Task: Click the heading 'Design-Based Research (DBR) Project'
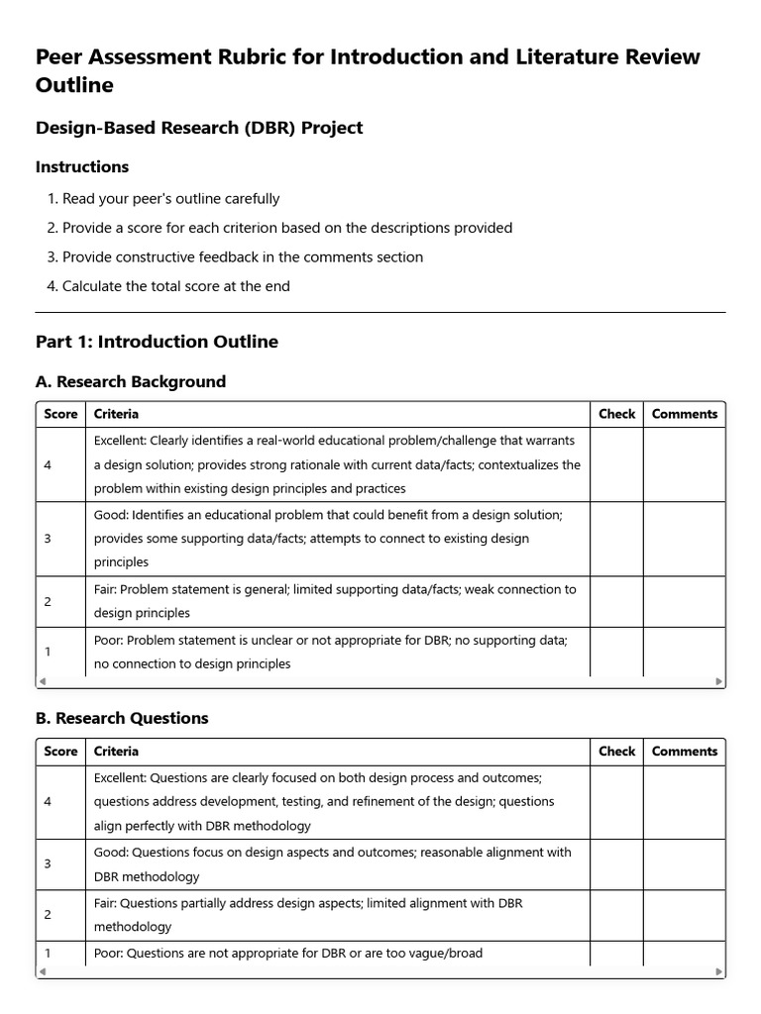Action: coord(199,128)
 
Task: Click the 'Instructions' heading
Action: coord(82,167)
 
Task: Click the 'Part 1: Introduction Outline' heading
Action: coord(157,342)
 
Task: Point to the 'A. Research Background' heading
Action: coord(131,381)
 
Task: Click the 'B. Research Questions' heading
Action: coord(122,718)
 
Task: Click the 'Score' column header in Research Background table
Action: coord(60,414)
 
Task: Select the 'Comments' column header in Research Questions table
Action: coord(684,752)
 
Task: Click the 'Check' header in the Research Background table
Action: coord(616,414)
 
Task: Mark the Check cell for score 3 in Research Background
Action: coord(616,539)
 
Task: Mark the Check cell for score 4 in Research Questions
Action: coord(616,801)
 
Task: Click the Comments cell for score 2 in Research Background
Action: coord(684,601)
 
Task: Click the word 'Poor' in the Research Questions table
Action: coord(108,954)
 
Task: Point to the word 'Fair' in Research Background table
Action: coord(107,589)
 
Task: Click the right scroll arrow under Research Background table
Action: coord(719,681)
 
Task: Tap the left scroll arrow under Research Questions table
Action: coord(42,972)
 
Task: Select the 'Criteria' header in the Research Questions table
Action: coord(116,752)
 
